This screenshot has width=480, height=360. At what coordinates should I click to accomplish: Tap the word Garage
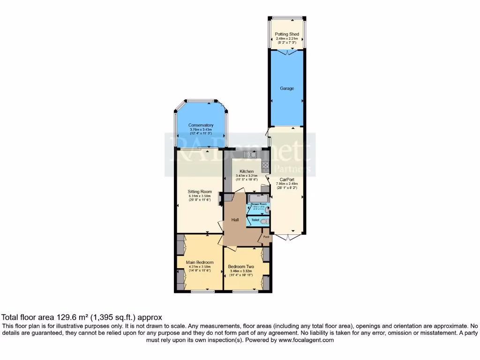point(287,88)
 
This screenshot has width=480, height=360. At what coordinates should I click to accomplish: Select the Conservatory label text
point(201,125)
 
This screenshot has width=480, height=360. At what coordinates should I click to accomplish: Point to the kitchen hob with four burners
point(265,165)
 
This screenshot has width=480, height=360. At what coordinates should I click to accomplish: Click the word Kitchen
point(247,172)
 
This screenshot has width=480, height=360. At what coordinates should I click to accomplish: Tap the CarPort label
point(287,179)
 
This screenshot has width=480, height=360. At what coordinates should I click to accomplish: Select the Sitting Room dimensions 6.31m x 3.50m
point(200,196)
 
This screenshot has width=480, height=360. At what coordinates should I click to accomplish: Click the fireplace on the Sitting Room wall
point(220,198)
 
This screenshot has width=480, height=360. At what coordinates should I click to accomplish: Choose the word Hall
point(235,220)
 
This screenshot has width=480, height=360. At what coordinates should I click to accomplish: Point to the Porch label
point(266,237)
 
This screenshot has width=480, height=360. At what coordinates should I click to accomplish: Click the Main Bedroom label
point(200,262)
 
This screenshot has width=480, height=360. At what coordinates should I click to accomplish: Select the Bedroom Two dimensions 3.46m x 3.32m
point(241,271)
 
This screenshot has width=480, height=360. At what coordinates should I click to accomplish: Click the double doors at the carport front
point(286,237)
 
